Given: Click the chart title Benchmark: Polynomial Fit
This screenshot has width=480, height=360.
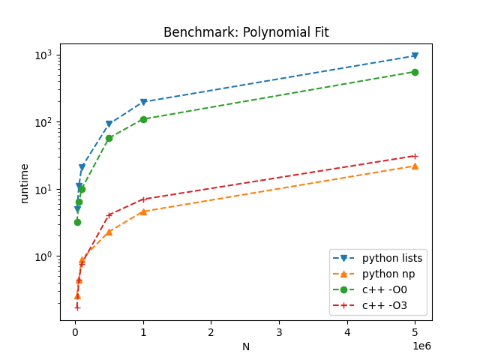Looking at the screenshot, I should pos(246,32).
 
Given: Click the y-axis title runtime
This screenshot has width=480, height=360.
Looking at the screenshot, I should pos(25,183).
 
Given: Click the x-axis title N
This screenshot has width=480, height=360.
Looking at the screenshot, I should pos(246,347).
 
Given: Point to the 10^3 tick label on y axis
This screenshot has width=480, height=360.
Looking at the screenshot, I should pos(42,55).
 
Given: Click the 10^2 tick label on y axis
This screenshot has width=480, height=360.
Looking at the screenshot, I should pos(42,122).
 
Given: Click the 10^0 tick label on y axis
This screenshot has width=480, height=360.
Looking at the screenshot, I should pos(42,256).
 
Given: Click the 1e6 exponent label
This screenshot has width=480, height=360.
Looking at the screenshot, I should pos(422,346).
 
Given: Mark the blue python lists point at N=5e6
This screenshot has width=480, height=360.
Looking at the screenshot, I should pos(415,55).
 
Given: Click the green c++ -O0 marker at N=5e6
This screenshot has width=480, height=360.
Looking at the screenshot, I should pos(415,72).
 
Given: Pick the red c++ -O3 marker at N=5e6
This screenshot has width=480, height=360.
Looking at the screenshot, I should pos(415,156).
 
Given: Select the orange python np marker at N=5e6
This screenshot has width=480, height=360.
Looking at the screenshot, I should pos(415,166).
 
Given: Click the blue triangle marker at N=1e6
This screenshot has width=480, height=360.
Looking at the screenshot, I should pos(143,102).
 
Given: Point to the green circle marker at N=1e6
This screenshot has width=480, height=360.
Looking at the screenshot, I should pos(143,119).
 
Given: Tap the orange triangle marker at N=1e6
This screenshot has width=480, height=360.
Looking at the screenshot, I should pos(143,211).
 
